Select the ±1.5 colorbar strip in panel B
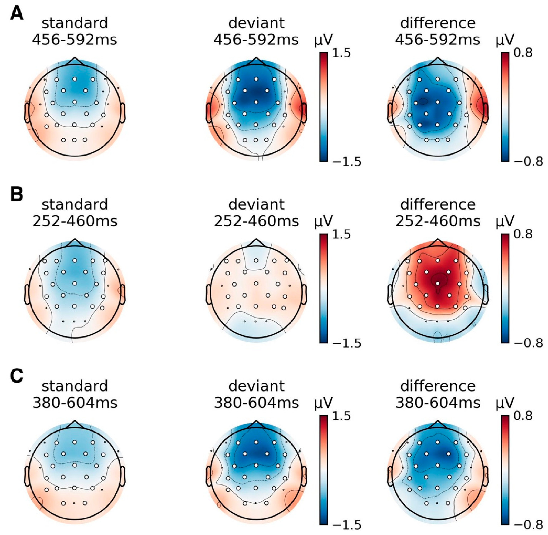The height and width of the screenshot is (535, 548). [x=323, y=289]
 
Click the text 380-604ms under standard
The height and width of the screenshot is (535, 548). [x=75, y=403]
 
